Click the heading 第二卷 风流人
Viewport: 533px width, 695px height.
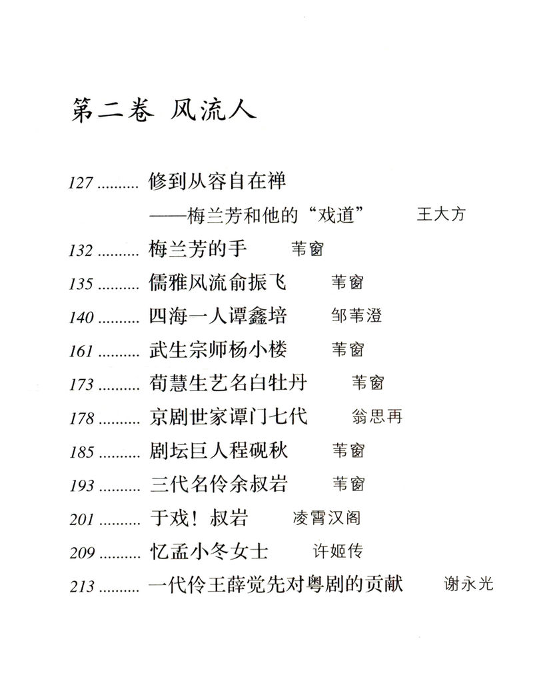pos(163,109)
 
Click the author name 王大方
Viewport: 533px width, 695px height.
pos(441,214)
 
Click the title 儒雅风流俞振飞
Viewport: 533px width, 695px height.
pos(219,283)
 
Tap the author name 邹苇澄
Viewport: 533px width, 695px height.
pos(356,317)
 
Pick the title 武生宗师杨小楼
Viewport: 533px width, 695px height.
pos(219,349)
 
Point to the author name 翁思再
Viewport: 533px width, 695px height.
pos(376,417)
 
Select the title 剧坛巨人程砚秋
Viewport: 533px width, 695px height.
pos(219,450)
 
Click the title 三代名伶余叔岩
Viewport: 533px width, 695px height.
pos(219,484)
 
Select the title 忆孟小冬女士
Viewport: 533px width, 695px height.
pos(209,551)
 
